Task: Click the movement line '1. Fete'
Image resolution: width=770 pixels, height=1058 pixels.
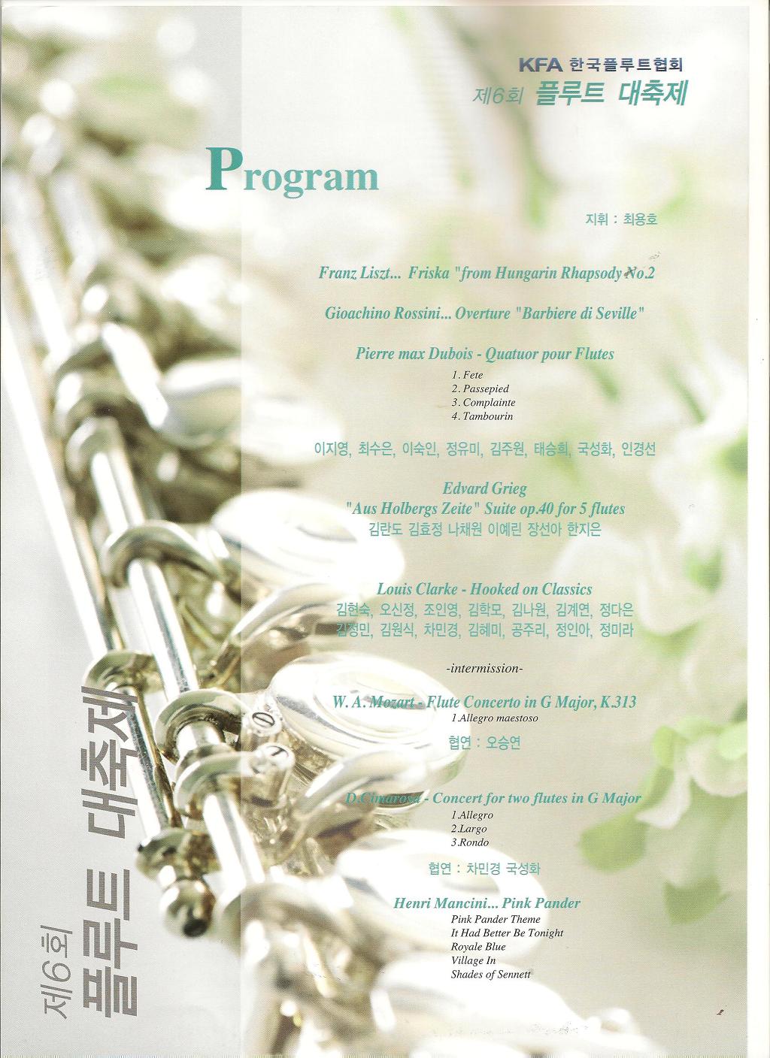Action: coord(468,375)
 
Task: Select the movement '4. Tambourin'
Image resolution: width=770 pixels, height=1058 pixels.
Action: coord(482,416)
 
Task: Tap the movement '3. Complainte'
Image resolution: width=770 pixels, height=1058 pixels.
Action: coord(483,403)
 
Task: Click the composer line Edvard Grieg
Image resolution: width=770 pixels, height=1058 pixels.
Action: coord(484,488)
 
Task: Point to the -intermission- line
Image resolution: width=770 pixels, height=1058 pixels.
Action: coord(484,667)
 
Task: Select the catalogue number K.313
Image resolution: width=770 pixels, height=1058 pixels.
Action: coord(618,703)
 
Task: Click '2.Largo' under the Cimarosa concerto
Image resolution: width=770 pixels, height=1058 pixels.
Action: coord(469,829)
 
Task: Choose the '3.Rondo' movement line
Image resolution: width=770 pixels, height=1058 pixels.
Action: coord(469,842)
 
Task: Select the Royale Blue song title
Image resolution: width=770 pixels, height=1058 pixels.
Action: coord(477,947)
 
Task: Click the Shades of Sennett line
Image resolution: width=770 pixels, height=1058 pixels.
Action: coord(490,975)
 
